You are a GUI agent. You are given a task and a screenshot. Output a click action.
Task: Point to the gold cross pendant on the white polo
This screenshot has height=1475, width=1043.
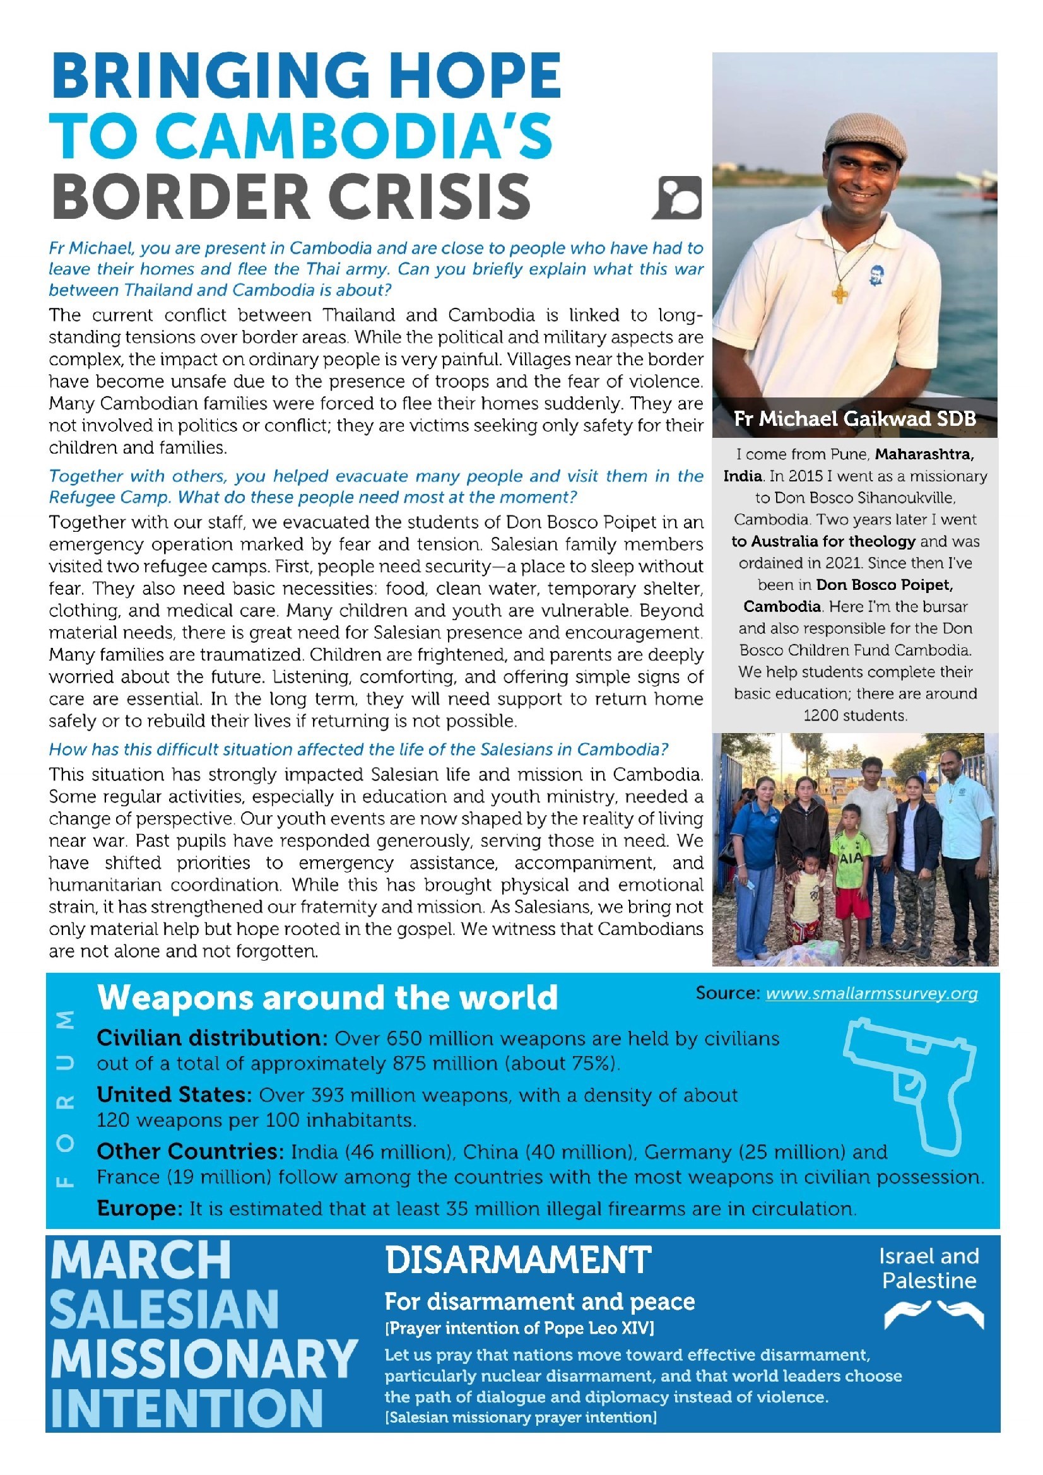tap(839, 294)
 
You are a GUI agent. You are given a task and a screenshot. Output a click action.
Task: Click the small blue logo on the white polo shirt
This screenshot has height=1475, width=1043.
tap(875, 275)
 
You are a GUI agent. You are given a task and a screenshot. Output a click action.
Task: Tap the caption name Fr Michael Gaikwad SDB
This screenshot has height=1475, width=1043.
tap(855, 419)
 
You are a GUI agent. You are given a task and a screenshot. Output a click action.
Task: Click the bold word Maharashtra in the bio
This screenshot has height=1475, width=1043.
tap(924, 455)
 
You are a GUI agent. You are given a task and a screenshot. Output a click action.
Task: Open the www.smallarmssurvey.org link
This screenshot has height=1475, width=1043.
tap(871, 994)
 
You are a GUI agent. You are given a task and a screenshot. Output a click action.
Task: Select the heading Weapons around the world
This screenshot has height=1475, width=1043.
tap(327, 997)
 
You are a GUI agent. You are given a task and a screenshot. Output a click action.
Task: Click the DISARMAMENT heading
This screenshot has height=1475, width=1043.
tap(518, 1260)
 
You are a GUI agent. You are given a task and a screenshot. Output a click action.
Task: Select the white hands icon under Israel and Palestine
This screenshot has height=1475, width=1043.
tap(933, 1313)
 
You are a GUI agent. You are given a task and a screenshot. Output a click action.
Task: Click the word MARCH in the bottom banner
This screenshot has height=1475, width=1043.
tap(141, 1261)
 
